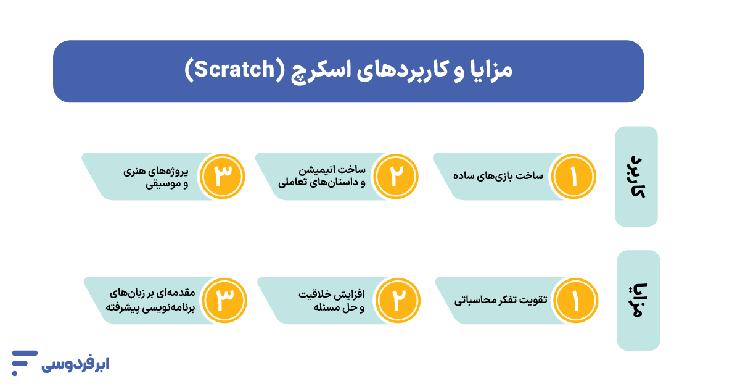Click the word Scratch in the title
[x=231, y=70]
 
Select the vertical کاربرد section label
[x=636, y=176]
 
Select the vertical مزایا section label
[x=638, y=300]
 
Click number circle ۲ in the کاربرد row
[x=397, y=177]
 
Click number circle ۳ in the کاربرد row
[x=223, y=177]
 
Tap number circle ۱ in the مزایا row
[x=575, y=301]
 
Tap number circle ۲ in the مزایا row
[x=398, y=301]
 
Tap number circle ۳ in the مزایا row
[x=224, y=301]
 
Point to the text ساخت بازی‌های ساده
[x=499, y=176]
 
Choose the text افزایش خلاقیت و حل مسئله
[x=332, y=300]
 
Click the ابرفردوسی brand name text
[x=76, y=363]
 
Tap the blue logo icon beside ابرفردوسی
[x=23, y=362]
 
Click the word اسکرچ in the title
[x=318, y=70]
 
